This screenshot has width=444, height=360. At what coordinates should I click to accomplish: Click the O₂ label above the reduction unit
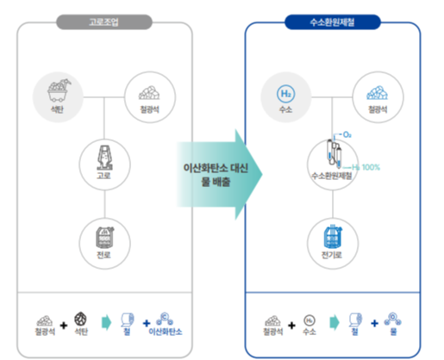347,134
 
